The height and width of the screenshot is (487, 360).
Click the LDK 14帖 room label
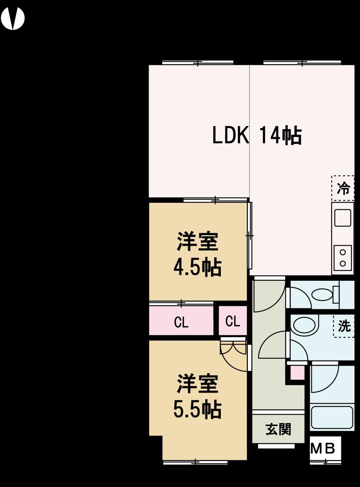click(x=257, y=136)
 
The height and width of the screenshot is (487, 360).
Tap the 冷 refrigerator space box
click(x=343, y=188)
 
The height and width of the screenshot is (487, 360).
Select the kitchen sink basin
click(x=342, y=218)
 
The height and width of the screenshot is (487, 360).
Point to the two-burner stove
click(x=343, y=258)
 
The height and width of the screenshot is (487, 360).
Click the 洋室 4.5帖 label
click(x=197, y=254)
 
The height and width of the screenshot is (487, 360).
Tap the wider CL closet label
click(x=181, y=322)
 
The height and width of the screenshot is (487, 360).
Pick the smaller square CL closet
click(x=233, y=321)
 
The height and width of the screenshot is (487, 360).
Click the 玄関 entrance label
click(x=278, y=429)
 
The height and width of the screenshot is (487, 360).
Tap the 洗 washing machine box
click(x=344, y=326)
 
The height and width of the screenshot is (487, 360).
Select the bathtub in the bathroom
click(x=332, y=418)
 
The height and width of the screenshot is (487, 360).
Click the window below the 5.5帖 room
click(x=195, y=462)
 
